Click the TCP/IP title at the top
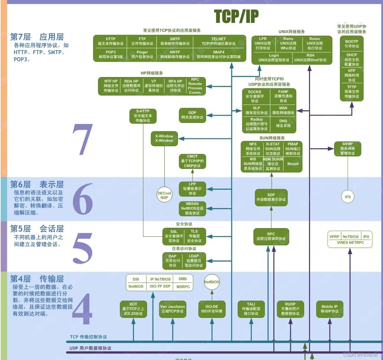click(236, 16)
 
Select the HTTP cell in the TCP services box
click(111, 41)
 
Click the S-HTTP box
click(143, 116)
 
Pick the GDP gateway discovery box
click(192, 115)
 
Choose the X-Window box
click(164, 138)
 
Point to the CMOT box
click(192, 161)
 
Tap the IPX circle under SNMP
click(348, 197)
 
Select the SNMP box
click(347, 149)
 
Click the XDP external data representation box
click(271, 197)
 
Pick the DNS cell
click(283, 123)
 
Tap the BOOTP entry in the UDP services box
click(352, 44)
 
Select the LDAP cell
click(193, 261)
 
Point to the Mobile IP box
click(329, 309)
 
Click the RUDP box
click(290, 309)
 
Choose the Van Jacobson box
click(172, 309)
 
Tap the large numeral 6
click(82, 199)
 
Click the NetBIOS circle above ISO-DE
click(212, 282)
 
